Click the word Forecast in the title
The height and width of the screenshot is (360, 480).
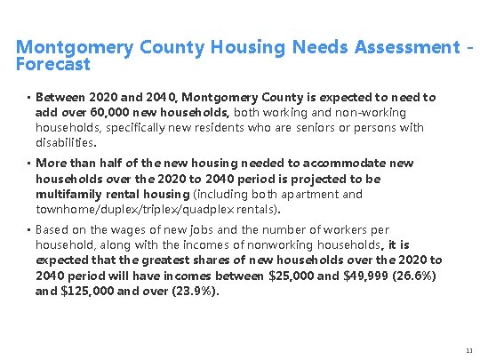coord(53,65)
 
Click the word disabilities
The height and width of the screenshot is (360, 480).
coord(64,142)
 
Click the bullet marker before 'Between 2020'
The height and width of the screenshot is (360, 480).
coord(28,98)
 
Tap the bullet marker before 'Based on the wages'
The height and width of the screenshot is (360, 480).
coord(28,230)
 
